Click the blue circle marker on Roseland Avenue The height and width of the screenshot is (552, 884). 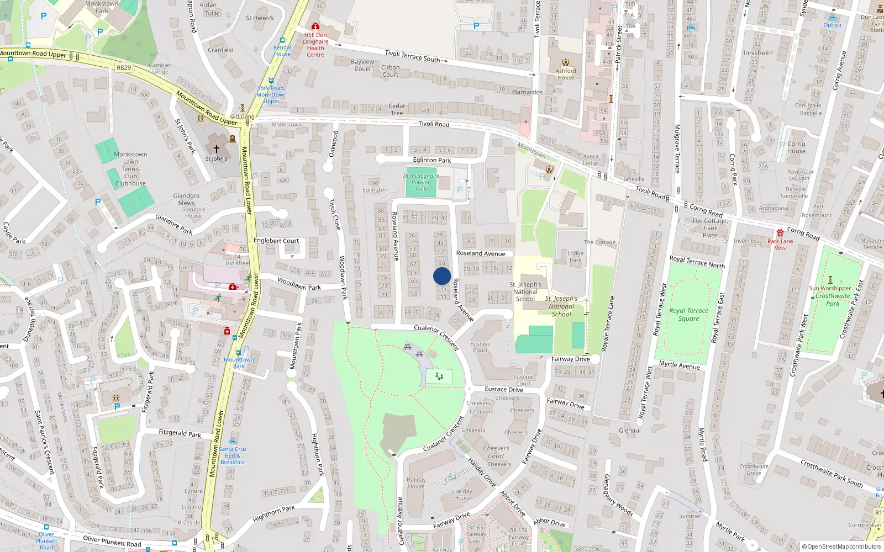(442, 276)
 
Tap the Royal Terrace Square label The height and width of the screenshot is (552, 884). (688, 315)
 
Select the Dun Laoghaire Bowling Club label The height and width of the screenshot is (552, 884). (421, 182)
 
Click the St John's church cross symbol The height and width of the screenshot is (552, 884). (217, 148)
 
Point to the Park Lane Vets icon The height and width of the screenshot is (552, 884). (780, 233)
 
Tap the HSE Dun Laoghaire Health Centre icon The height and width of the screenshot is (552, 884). (315, 26)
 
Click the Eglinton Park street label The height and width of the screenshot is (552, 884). (432, 160)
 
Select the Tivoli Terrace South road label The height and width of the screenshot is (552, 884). (412, 56)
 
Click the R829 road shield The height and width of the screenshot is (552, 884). (124, 68)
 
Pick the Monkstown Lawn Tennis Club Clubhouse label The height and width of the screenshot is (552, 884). (130, 169)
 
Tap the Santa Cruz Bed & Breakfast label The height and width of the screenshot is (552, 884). (233, 455)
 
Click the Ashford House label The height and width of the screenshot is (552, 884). (566, 74)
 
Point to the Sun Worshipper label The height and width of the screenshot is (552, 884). (830, 288)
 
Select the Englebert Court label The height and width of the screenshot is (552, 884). (276, 241)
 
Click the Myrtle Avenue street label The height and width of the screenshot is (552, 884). (679, 365)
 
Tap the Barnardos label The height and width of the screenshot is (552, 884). (528, 92)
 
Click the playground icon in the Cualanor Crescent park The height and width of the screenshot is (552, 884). (439, 376)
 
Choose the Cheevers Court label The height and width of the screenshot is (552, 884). (496, 452)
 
